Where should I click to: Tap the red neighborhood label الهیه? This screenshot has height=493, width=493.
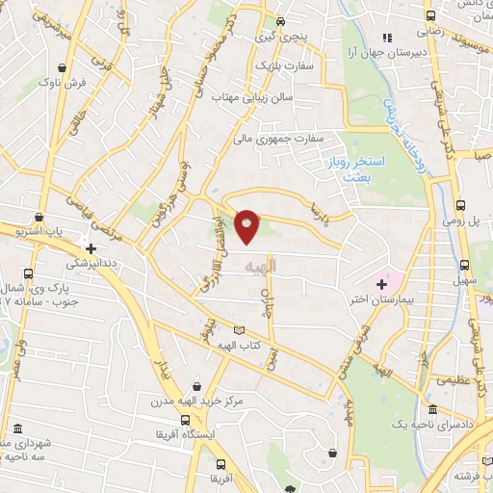[x=261, y=265]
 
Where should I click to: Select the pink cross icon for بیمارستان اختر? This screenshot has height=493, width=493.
[x=381, y=284]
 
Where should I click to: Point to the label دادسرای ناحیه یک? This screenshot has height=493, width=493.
[x=430, y=425]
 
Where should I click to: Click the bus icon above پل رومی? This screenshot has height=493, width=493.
[x=460, y=205]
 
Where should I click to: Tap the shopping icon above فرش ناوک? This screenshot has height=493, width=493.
[x=64, y=68]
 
